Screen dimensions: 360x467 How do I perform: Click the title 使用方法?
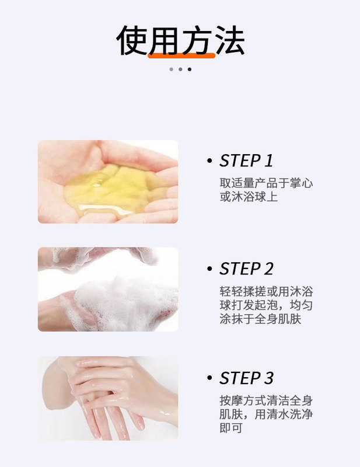coord(180,40)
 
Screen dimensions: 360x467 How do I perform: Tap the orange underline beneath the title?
coord(181,55)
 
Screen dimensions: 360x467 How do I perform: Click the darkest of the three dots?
coord(190,69)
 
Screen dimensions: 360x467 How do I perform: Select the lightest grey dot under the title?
coord(171,69)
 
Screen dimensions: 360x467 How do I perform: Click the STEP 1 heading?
coord(246,161)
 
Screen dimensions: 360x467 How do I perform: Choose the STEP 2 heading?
coord(246,269)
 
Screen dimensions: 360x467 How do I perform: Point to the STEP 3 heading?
coord(246,378)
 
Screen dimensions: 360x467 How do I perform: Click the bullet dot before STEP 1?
coord(209,161)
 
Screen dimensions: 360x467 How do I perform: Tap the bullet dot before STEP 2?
coord(209,269)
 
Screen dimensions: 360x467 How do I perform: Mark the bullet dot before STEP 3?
coord(209,378)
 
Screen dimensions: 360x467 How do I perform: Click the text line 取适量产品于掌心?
coord(266,183)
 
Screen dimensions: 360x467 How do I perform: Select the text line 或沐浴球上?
coord(249,197)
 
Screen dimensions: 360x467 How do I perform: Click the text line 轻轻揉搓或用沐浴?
coord(266,291)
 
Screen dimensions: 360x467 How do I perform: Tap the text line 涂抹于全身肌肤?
coord(261,319)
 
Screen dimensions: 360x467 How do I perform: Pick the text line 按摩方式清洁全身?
coord(266,400)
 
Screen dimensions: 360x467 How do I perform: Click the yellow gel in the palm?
coord(111,189)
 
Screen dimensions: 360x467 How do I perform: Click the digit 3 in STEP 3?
coord(268,378)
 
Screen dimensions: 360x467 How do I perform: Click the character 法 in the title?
coord(230,40)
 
